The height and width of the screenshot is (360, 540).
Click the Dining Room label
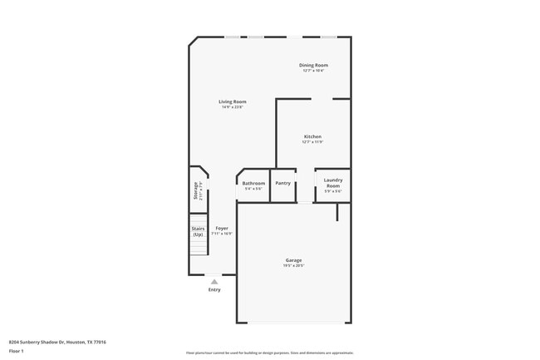[x=313, y=65]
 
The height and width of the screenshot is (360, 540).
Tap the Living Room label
[x=232, y=101]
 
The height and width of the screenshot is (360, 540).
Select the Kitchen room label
[x=312, y=136]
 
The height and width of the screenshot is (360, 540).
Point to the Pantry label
[x=282, y=183]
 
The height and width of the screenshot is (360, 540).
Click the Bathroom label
[x=253, y=183]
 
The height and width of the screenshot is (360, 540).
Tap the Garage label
[x=294, y=260]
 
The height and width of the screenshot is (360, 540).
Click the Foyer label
[x=222, y=228]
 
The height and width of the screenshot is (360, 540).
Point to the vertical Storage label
[x=196, y=191]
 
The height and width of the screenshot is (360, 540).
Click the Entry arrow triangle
[x=214, y=282]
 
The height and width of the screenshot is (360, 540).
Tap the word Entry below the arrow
[x=214, y=290]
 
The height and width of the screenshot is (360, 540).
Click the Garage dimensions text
[x=294, y=266]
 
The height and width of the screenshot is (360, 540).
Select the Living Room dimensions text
[x=232, y=107]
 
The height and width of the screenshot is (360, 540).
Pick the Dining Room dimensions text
[x=313, y=71]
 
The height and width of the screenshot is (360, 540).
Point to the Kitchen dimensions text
[x=312, y=142]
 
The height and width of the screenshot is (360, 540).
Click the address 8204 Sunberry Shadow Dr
[x=57, y=342]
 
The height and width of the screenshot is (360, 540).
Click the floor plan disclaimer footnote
[x=269, y=353]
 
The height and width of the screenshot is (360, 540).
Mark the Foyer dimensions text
[x=222, y=234]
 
